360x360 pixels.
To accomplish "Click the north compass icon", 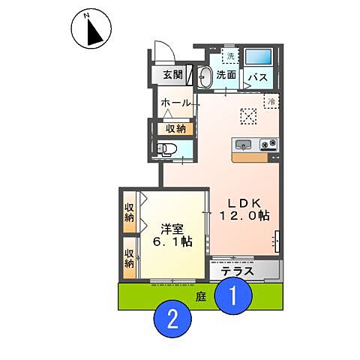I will (91, 29).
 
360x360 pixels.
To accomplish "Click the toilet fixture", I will (169, 148).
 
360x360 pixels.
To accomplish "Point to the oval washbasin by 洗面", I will (204, 76).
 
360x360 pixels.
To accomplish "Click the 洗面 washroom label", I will (226, 75).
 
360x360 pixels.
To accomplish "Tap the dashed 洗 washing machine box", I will (230, 57).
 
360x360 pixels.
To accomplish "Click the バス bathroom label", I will (259, 77).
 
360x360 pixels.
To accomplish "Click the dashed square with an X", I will (248, 115).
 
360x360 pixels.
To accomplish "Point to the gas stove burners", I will (268, 144).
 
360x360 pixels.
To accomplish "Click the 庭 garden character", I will (200, 297).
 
